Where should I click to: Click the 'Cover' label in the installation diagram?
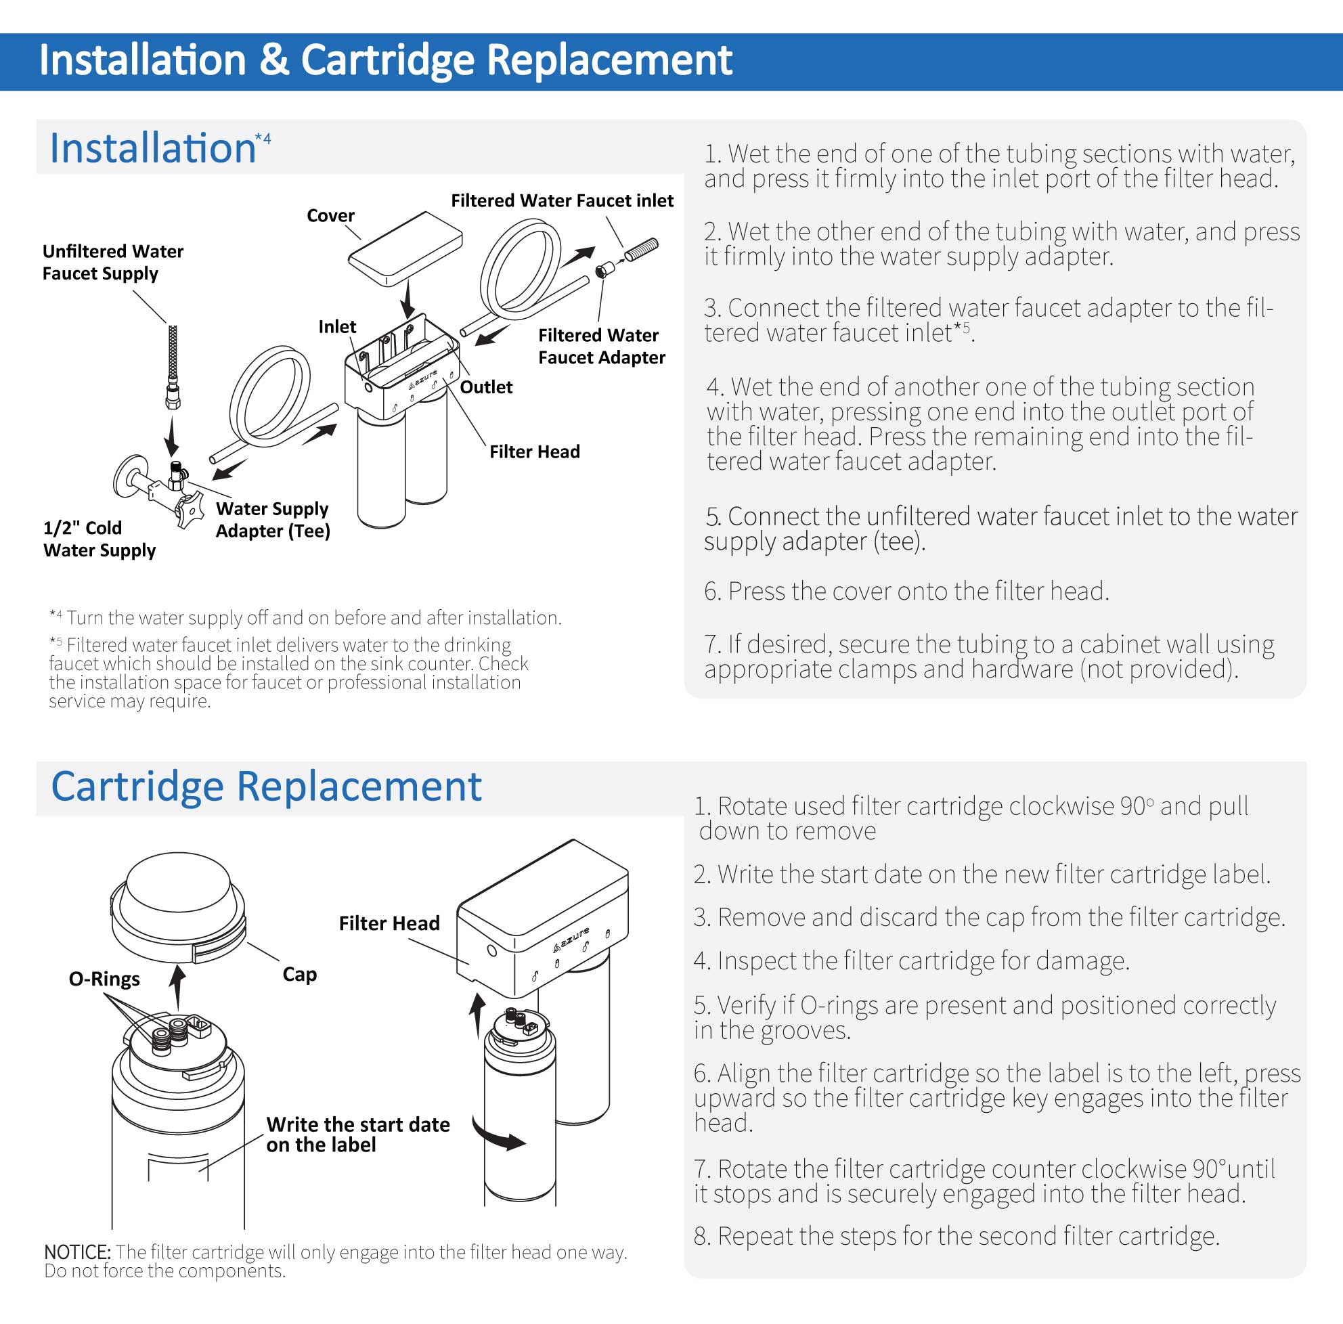(x=330, y=215)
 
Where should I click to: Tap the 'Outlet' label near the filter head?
(x=486, y=387)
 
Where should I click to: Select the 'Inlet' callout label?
(x=336, y=327)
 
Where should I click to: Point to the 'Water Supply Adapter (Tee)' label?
(x=273, y=520)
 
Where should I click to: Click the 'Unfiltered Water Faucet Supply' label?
(x=112, y=262)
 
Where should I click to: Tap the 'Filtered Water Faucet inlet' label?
(x=562, y=201)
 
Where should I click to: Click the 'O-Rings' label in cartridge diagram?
(x=104, y=979)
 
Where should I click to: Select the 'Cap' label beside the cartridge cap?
(x=300, y=974)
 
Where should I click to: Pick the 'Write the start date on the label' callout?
(x=357, y=1134)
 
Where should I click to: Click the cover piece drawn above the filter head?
(x=405, y=248)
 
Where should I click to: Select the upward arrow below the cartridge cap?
(x=178, y=988)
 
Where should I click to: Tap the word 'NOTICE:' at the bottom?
(x=77, y=1252)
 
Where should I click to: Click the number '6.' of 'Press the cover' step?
(x=713, y=592)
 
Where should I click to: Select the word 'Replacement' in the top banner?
(x=609, y=60)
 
